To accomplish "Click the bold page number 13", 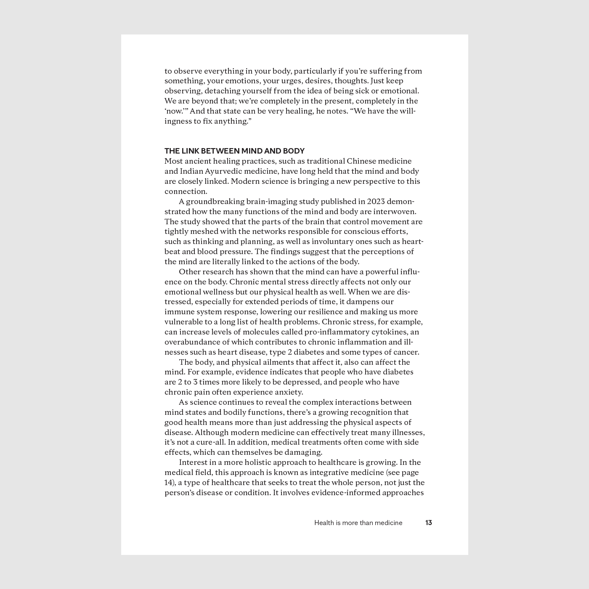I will coord(428,523).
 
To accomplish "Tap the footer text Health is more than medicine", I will coord(358,523).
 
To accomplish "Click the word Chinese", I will coord(361,161).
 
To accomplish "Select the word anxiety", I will coord(288,392).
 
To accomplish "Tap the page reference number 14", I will coord(168,483).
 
